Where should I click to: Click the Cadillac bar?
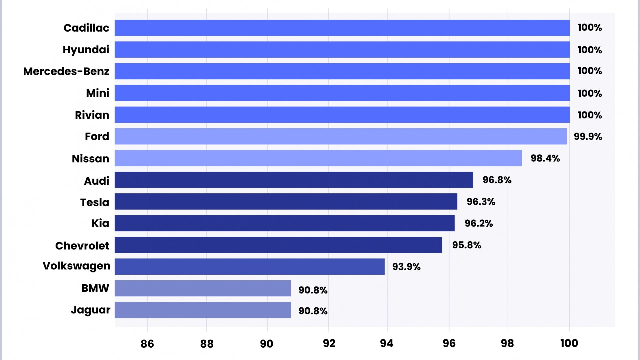click(x=342, y=28)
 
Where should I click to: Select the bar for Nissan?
click(x=318, y=158)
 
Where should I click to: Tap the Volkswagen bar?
click(x=249, y=266)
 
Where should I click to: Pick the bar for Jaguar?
click(x=203, y=310)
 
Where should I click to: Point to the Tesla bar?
click(x=286, y=201)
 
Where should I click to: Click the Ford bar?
click(x=340, y=136)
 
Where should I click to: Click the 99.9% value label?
click(x=588, y=137)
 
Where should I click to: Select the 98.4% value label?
click(x=545, y=158)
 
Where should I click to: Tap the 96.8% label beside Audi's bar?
click(x=497, y=180)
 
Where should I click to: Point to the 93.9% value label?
click(x=406, y=267)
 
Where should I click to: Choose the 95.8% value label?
click(x=466, y=245)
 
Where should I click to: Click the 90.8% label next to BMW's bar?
click(x=313, y=290)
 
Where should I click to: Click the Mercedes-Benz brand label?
click(x=66, y=71)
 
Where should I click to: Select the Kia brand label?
click(x=100, y=223)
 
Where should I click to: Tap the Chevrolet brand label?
click(x=82, y=246)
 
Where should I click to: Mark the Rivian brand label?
click(x=92, y=115)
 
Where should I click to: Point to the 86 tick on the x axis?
click(x=147, y=344)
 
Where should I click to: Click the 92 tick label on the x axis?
click(x=329, y=344)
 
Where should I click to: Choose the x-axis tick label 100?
click(x=569, y=343)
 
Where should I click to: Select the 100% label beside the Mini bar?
click(x=589, y=93)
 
